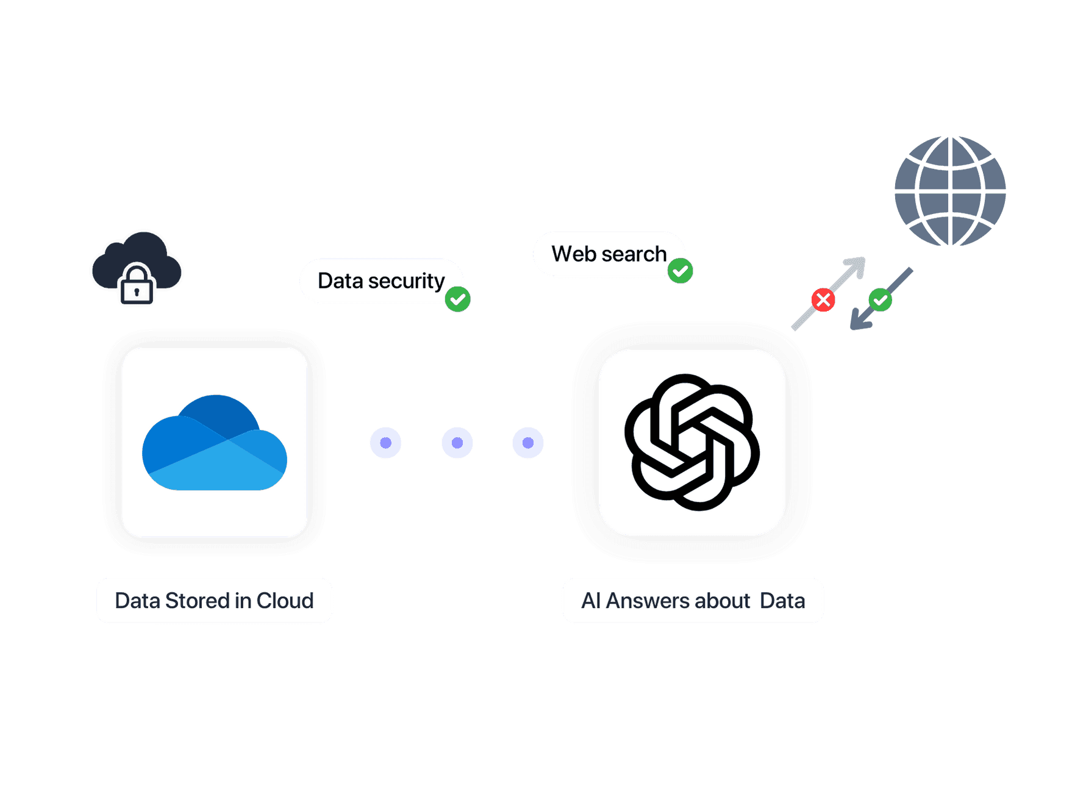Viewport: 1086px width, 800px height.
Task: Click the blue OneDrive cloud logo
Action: (x=215, y=443)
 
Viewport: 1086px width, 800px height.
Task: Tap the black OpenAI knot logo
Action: (x=692, y=442)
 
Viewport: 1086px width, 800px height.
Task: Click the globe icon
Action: (x=949, y=191)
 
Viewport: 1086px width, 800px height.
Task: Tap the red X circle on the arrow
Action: (x=823, y=300)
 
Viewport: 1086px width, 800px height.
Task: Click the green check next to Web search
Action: (x=680, y=271)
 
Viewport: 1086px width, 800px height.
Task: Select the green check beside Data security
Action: (x=457, y=299)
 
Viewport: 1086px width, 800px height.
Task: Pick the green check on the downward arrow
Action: (x=880, y=299)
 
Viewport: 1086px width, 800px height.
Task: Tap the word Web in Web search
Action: (x=573, y=254)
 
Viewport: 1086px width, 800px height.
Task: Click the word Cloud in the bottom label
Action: (x=285, y=601)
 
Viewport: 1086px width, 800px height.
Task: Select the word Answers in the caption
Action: (x=647, y=601)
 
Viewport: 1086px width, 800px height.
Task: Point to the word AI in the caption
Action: (x=591, y=601)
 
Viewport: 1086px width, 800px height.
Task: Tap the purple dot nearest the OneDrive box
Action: (x=385, y=443)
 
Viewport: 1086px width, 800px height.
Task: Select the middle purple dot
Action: (x=457, y=443)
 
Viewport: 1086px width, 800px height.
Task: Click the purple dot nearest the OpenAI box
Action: (x=528, y=443)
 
